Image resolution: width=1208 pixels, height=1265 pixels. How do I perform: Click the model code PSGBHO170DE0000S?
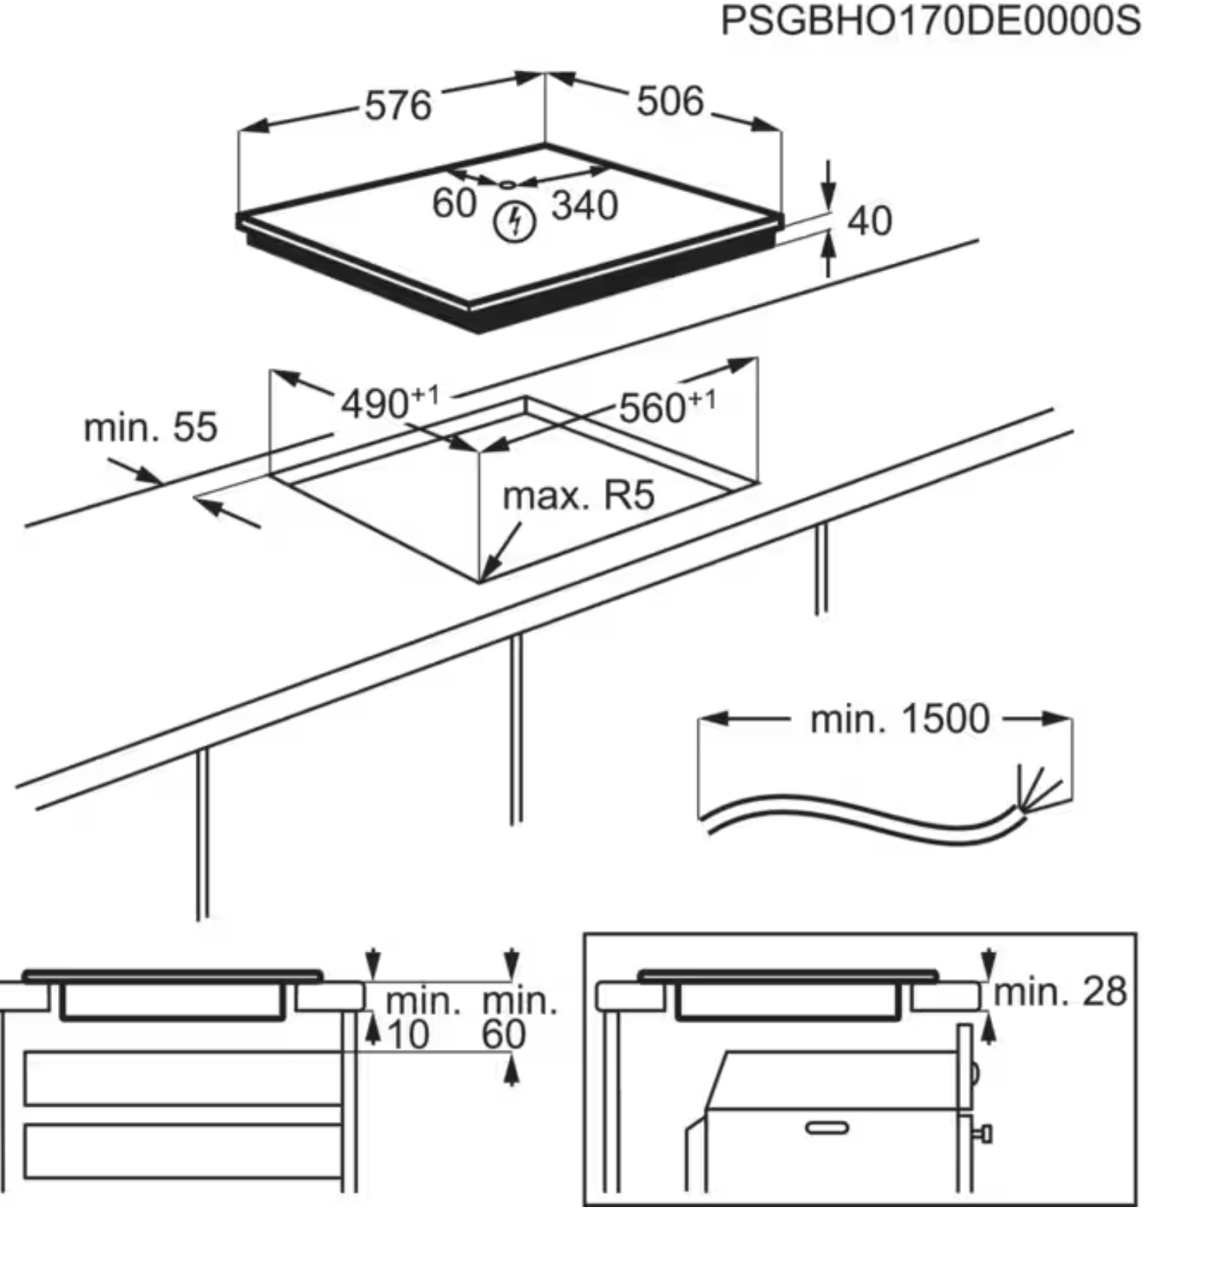click(x=930, y=21)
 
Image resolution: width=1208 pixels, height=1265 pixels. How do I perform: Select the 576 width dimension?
click(x=398, y=105)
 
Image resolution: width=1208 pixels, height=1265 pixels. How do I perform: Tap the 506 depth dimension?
click(x=670, y=101)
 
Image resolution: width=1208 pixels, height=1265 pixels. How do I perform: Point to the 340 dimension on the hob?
click(x=584, y=205)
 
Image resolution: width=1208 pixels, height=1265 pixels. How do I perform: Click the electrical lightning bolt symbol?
click(x=514, y=222)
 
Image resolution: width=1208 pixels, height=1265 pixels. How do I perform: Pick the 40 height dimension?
click(x=869, y=221)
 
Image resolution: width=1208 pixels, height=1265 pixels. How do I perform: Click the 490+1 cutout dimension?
click(x=389, y=402)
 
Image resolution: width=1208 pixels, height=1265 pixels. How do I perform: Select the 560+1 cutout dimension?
click(x=667, y=407)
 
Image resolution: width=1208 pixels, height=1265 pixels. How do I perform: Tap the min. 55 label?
click(x=150, y=428)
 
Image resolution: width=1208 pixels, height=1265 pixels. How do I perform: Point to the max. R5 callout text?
click(x=578, y=495)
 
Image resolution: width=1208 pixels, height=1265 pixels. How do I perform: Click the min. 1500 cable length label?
click(x=899, y=719)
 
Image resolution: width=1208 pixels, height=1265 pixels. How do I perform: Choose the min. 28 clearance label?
click(x=1060, y=992)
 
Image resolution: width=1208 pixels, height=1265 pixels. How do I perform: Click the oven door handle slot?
click(x=826, y=1127)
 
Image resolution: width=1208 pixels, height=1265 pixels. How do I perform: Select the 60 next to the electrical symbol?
click(x=454, y=203)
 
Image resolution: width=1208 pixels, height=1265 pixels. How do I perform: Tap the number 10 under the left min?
click(x=407, y=1035)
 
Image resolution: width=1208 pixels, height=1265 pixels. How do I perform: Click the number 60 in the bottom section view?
click(x=503, y=1035)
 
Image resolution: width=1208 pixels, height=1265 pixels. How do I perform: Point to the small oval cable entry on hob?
click(x=508, y=184)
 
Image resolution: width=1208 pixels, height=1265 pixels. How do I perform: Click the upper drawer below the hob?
click(x=183, y=1078)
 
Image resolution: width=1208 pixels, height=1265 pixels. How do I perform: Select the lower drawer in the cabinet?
click(x=183, y=1150)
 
